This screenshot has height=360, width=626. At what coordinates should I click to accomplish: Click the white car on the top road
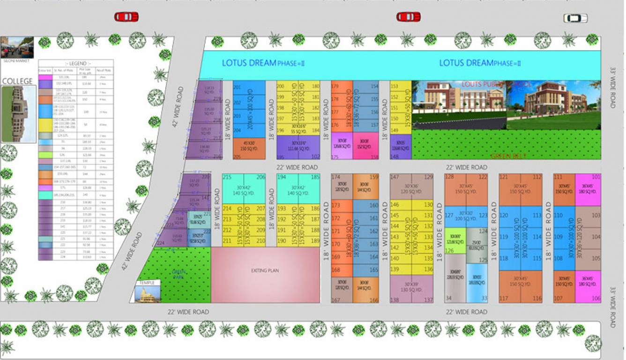coord(575,18)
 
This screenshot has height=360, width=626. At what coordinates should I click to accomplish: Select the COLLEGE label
coord(17,81)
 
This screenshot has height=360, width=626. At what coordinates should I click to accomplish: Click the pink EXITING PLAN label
coord(265,270)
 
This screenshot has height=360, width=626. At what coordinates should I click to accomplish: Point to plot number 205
coord(237,157)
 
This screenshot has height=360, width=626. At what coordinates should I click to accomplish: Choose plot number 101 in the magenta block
coord(596,177)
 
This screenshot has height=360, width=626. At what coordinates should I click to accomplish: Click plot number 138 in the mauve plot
coord(395,300)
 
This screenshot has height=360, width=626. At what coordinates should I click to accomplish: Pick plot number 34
coord(448,299)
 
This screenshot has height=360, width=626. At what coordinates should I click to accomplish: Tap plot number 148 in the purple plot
coord(394,157)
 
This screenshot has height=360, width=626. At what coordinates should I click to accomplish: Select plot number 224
coord(160,243)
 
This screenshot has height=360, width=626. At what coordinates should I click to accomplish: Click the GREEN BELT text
coord(508,156)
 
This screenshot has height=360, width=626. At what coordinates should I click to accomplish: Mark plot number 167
coord(335,300)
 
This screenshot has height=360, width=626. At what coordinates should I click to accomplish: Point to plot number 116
coord(537,299)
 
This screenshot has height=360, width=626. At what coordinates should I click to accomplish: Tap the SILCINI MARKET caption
coord(15,61)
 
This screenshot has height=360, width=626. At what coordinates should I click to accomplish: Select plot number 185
coord(315,177)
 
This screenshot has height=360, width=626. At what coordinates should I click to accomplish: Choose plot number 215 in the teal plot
coord(227,177)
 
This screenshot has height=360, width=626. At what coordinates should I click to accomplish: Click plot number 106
coord(596,299)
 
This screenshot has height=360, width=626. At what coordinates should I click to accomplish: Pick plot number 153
coord(394,86)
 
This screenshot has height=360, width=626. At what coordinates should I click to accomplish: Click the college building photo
coord(18,113)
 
